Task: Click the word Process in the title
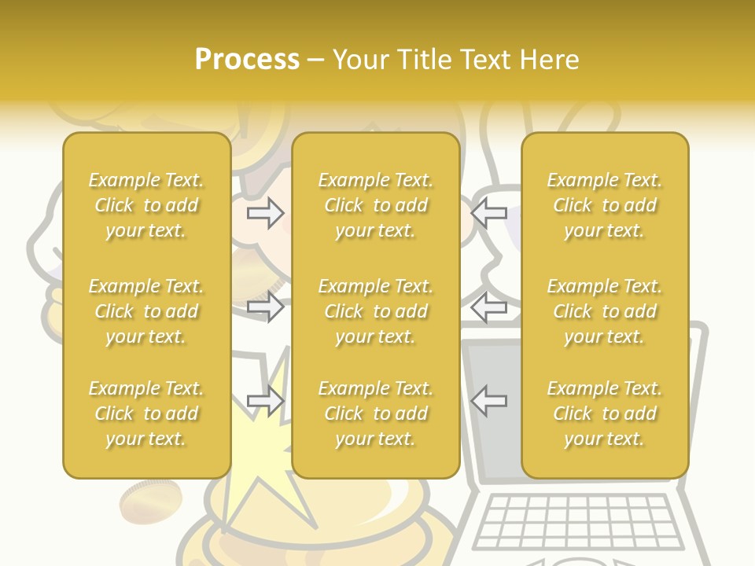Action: pyautogui.click(x=247, y=60)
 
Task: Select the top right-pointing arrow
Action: pyautogui.click(x=266, y=213)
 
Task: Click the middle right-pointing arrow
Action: pyautogui.click(x=266, y=307)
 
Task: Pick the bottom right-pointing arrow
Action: pyautogui.click(x=266, y=401)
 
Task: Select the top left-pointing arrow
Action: pyautogui.click(x=488, y=213)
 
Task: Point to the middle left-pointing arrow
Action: pyautogui.click(x=488, y=307)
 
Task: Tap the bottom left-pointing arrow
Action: pyautogui.click(x=488, y=401)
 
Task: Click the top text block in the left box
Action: pyautogui.click(x=146, y=205)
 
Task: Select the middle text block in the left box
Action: pyautogui.click(x=146, y=311)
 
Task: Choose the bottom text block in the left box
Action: pyautogui.click(x=146, y=413)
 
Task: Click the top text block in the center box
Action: pyautogui.click(x=375, y=205)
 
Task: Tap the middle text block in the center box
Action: pyautogui.click(x=375, y=311)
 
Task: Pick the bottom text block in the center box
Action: pyautogui.click(x=375, y=413)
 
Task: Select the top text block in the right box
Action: pyautogui.click(x=605, y=205)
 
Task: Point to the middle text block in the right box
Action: pyautogui.click(x=605, y=311)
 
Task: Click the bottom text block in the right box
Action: pyautogui.click(x=605, y=413)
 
